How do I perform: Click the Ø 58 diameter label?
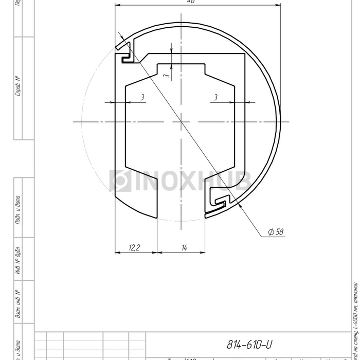click(x=276, y=232)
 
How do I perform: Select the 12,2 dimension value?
click(x=135, y=248)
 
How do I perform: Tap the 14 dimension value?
click(x=184, y=248)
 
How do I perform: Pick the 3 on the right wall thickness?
click(x=215, y=97)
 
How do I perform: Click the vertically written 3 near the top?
click(x=166, y=75)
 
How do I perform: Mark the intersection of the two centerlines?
click(x=181, y=122)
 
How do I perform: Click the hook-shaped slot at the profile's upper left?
click(x=126, y=55)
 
